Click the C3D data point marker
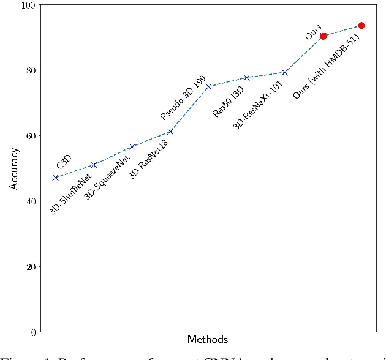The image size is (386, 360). [56, 178]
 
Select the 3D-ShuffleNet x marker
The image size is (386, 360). [94, 165]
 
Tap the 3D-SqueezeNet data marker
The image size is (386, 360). [132, 147]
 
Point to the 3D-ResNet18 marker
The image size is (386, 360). [170, 132]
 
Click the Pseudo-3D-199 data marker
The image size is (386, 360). [208, 86]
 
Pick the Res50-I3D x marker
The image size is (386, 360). [247, 78]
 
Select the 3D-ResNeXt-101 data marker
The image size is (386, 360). [285, 72]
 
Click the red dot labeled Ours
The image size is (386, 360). [323, 36]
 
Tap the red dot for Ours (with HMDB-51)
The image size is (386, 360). [361, 26]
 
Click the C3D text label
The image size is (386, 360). [64, 162]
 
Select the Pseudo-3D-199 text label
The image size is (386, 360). [183, 99]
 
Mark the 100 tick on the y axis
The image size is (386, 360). [29, 5]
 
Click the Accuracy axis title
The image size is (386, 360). [13, 168]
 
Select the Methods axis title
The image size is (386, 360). [208, 339]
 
